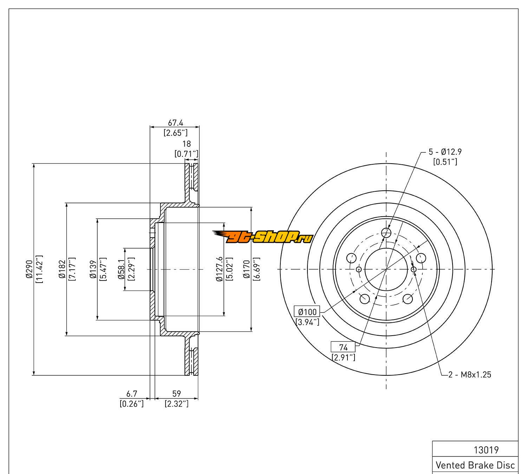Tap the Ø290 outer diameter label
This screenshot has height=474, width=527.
pyautogui.click(x=29, y=269)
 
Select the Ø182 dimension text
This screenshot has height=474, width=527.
pyautogui.click(x=62, y=269)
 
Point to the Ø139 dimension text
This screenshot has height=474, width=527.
pyautogui.click(x=93, y=269)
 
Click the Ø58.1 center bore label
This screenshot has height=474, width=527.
pyautogui.click(x=121, y=269)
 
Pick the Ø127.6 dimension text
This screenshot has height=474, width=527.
pyautogui.click(x=220, y=269)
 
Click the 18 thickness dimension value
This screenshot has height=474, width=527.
pyautogui.click(x=187, y=144)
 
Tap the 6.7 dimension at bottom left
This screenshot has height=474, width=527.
pyautogui.click(x=131, y=394)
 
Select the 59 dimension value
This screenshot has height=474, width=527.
pyautogui.click(x=176, y=394)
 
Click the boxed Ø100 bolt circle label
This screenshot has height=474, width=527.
pyautogui.click(x=307, y=311)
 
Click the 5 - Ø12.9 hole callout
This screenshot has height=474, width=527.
pyautogui.click(x=445, y=152)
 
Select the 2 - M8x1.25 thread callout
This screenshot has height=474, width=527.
pyautogui.click(x=469, y=375)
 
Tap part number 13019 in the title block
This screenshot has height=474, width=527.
pyautogui.click(x=486, y=450)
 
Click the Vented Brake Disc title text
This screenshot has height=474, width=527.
pyautogui.click(x=475, y=465)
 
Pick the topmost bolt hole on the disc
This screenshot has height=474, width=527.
pyautogui.click(x=386, y=232)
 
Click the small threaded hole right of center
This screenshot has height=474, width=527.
pyautogui.click(x=414, y=269)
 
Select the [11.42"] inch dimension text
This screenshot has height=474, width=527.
pyautogui.click(x=39, y=269)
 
